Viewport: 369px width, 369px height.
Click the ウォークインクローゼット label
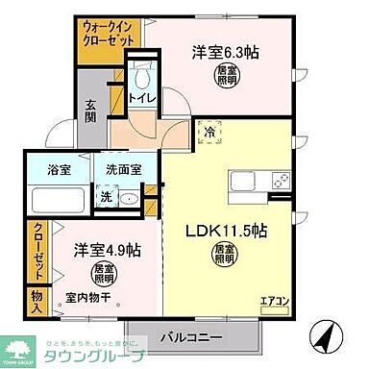(x=110, y=36)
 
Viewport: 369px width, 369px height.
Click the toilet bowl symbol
(x=142, y=79)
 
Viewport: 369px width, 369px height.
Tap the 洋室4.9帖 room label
(x=108, y=250)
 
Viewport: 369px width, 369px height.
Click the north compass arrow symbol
(x=328, y=335)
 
